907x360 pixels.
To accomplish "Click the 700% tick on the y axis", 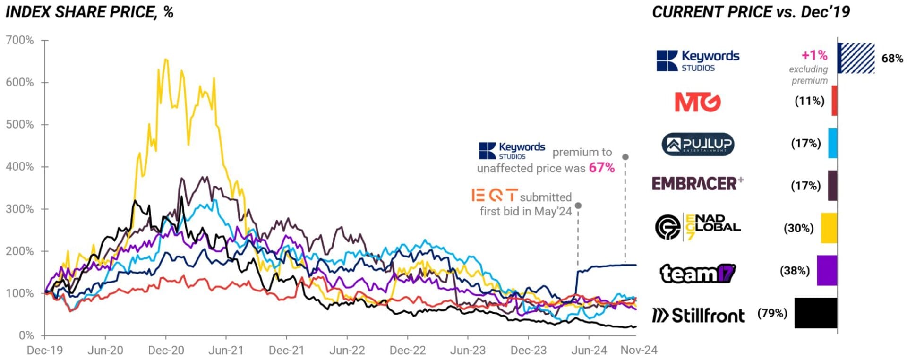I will coord(20,41).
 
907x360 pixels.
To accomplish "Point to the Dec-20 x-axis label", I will coord(166,351).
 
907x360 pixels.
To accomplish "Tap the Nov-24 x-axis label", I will coord(639,351).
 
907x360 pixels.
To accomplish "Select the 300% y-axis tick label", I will coord(20,209).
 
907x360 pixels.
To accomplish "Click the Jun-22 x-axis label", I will coord(347,351).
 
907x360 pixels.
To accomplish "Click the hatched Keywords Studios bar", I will coord(856,58).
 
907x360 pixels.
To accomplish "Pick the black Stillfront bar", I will coord(816,313).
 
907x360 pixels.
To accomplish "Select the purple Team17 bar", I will coord(827,270).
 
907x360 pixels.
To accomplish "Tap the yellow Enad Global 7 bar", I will coord(829,228).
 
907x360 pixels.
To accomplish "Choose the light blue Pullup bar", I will coord(832,143).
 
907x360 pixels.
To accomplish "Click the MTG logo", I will coord(698,102).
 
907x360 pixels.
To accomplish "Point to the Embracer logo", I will coord(697,183).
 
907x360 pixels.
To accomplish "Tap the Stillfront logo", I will coord(698,315).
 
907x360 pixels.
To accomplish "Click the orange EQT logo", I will coord(494,195).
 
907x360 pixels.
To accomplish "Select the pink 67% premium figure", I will coord(601,168).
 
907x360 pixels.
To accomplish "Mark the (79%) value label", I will coord(772,313).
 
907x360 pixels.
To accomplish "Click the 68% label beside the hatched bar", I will coord(892,59).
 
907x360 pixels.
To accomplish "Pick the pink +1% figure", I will coord(814,55).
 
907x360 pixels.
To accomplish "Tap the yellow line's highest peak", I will coord(165,60).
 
